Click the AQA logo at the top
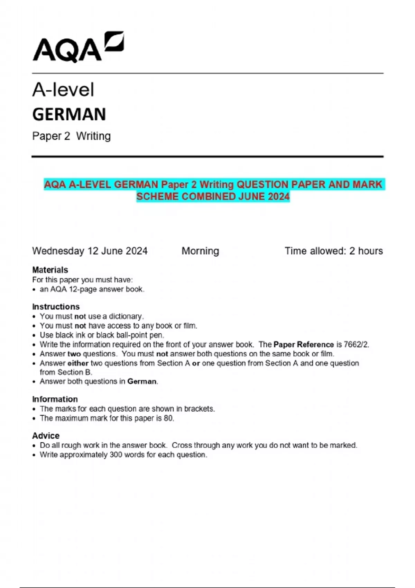78,47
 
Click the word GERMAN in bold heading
69,114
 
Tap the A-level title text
63,90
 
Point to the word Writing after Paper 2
93,136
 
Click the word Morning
200,251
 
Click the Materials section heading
50,270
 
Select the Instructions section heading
56,307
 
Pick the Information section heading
55,399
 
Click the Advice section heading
46,436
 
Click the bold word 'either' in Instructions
78,363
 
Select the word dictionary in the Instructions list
125,316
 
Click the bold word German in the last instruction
142,382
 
